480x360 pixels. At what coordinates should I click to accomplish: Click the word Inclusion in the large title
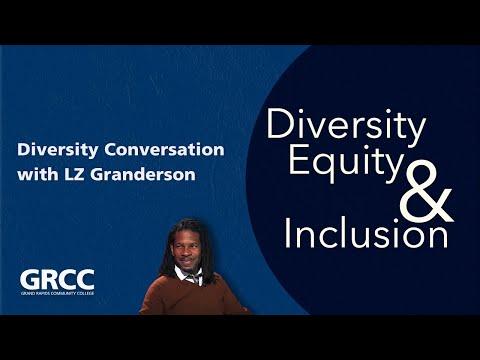(x=365, y=235)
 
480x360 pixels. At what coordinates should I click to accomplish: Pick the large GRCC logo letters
(x=57, y=279)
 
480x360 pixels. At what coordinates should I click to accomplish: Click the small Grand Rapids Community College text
(x=57, y=295)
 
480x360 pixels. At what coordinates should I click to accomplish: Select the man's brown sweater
(x=190, y=298)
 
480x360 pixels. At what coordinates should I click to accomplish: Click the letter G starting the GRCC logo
(x=30, y=279)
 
